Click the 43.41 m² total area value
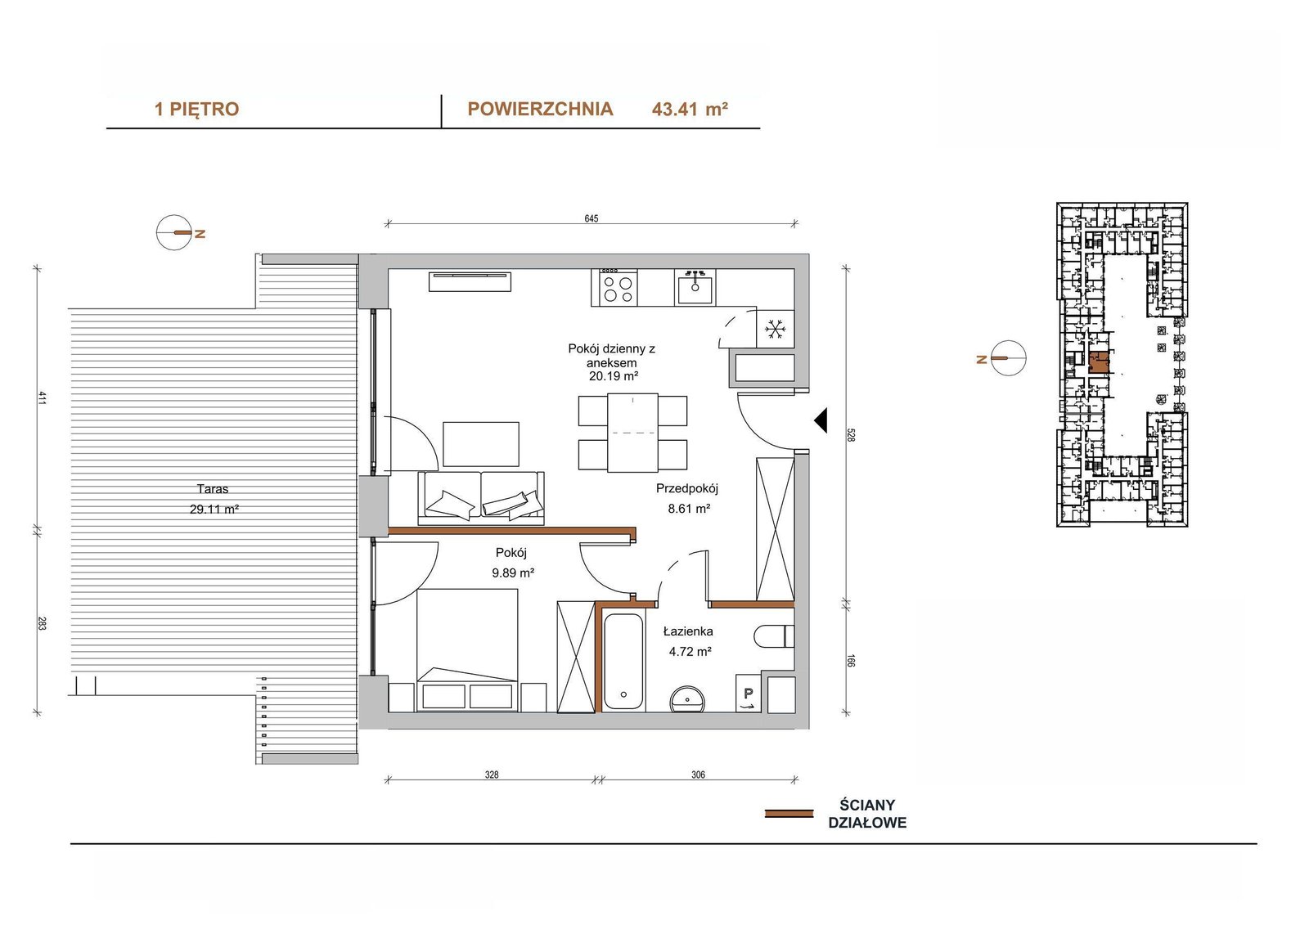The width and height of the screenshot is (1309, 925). point(690,110)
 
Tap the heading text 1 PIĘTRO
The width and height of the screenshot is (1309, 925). point(196,110)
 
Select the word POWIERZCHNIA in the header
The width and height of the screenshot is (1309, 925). point(540,110)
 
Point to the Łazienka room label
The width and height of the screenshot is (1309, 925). point(688,631)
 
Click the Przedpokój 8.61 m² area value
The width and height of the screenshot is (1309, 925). point(689,509)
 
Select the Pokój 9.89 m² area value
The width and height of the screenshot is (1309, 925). point(512,573)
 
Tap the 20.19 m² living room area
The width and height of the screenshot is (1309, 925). point(613,376)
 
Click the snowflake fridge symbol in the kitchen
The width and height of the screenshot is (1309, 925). point(775,329)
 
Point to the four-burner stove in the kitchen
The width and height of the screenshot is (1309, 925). point(614,287)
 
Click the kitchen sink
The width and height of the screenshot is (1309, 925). point(695,287)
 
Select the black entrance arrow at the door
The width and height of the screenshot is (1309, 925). point(821,420)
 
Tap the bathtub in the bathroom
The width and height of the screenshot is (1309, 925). point(623,662)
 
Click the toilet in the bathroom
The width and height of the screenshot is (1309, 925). point(774,636)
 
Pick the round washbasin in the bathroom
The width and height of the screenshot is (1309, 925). point(688,699)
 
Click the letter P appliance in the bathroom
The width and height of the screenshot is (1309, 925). point(749,694)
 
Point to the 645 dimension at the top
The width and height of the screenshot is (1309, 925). point(592,218)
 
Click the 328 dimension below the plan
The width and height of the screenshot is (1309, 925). point(492,775)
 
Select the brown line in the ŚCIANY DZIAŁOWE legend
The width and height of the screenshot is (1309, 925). point(789,814)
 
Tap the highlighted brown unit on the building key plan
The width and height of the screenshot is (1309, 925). point(1099,361)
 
